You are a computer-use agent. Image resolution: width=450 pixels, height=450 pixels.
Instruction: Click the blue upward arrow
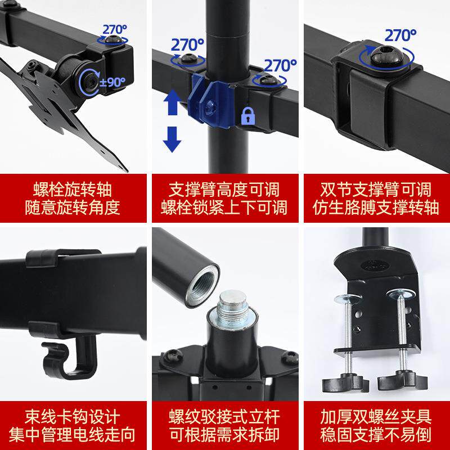[173, 105]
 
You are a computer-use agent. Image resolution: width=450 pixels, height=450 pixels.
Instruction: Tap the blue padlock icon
[247, 116]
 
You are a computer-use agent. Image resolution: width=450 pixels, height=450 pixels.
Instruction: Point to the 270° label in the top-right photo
[400, 35]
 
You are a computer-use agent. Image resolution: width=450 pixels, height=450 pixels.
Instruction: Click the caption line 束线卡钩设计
[73, 417]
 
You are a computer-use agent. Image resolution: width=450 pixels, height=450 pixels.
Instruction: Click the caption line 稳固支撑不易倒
[376, 435]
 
